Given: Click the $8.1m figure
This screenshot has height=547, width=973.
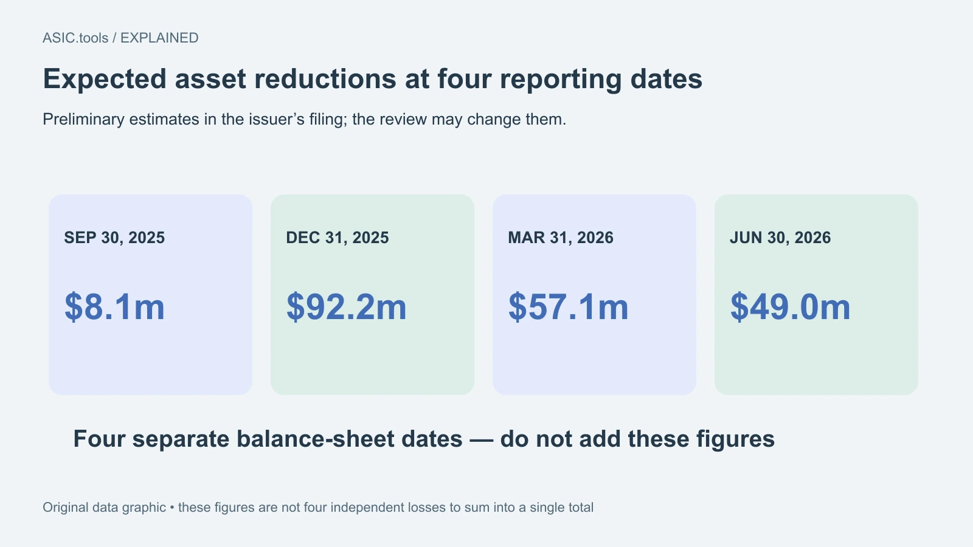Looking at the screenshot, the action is point(115,307).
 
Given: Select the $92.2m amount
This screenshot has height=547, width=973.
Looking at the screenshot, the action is point(346,307).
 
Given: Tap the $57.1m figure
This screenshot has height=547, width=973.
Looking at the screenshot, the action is point(568,307).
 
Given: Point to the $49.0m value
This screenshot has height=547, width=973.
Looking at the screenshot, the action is point(790,307).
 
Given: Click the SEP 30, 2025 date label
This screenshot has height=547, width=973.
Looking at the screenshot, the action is point(115,238).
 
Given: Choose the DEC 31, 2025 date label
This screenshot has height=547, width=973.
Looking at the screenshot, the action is point(338,238).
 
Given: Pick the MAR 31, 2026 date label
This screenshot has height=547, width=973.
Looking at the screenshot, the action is point(561,238).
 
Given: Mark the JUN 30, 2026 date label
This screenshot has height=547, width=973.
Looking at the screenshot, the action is point(780,238).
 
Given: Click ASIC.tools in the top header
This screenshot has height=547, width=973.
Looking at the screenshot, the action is point(75,38).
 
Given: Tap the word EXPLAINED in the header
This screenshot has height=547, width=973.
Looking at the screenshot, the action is point(159,38).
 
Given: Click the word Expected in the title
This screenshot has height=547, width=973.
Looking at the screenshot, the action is point(105,80).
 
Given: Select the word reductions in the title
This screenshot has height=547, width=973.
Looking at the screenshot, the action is point(325,79).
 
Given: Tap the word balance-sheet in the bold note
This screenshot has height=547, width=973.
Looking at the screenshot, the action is point(349,439).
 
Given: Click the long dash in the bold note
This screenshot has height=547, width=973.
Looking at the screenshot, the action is point(481,440).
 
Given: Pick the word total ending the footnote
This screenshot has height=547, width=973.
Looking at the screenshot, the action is point(578,507).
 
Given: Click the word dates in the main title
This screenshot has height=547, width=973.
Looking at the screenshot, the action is point(667,79).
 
